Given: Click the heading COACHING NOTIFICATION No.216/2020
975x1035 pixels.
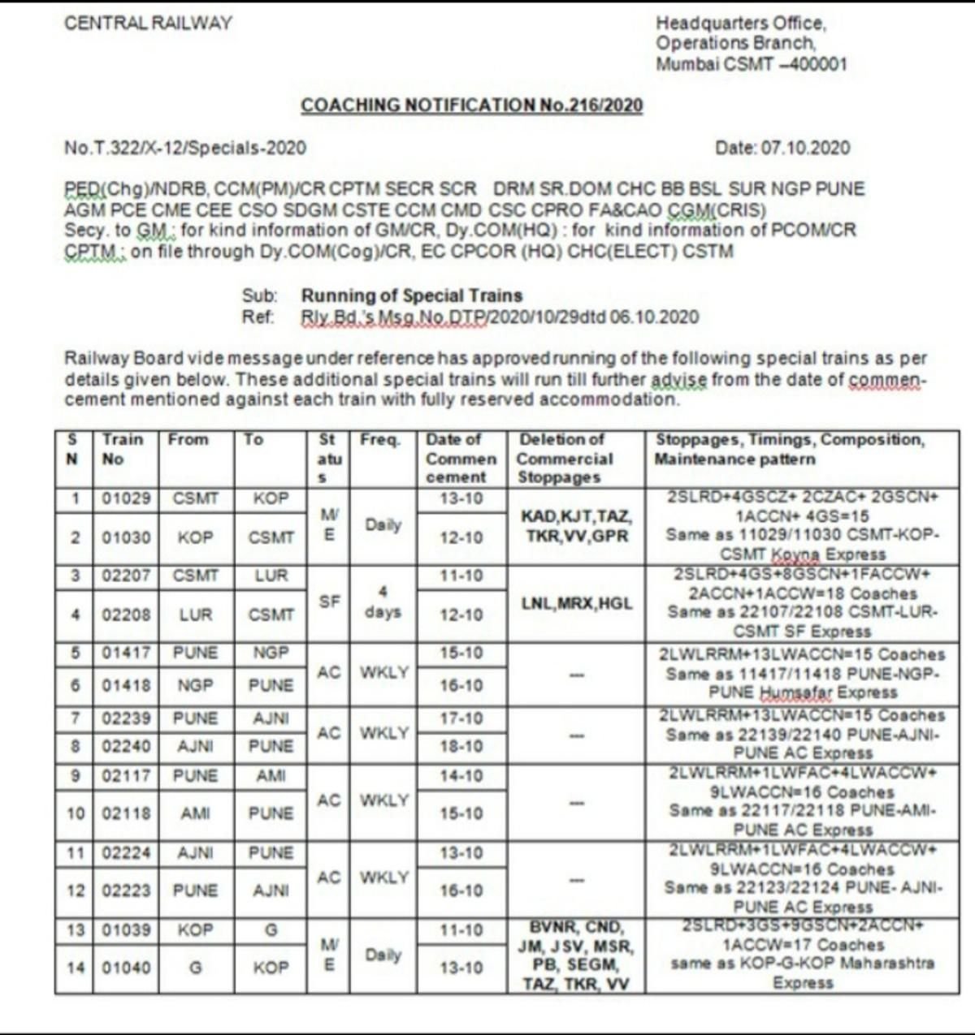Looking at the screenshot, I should (471, 106).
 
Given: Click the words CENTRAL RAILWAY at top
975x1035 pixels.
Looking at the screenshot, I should (148, 24).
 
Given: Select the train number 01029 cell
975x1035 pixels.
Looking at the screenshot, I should (126, 498).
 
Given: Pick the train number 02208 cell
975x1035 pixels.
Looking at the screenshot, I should (126, 615).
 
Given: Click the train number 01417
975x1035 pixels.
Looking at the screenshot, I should (126, 653).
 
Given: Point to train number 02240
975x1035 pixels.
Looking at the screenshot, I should (126, 746).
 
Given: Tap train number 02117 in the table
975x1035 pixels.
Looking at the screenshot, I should (126, 776).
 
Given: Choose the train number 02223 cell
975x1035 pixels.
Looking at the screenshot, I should (126, 891).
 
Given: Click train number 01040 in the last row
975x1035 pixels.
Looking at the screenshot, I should (126, 968).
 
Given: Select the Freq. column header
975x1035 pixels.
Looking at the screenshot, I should (380, 440).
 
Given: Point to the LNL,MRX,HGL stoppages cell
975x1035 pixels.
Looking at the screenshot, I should (578, 604).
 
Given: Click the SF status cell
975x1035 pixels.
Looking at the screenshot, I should (329, 602).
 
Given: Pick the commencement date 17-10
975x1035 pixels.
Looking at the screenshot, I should (461, 718).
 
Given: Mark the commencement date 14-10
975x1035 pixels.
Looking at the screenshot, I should (461, 776).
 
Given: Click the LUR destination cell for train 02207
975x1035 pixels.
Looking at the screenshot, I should (271, 576).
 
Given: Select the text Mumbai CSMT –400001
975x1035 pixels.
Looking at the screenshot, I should (751, 65).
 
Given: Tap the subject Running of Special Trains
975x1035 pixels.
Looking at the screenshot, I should (411, 295).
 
